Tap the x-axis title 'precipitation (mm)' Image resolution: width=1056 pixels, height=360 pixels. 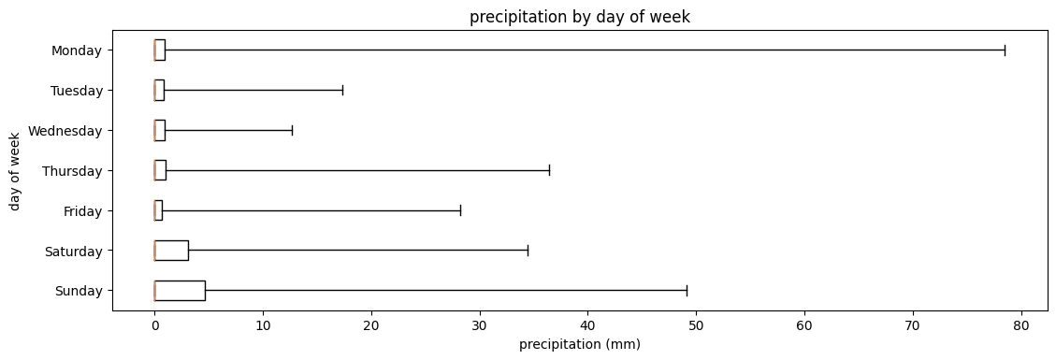580,344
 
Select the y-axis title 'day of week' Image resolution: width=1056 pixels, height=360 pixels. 16,170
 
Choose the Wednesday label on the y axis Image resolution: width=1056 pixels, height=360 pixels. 65,131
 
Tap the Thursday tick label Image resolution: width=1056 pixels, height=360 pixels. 72,171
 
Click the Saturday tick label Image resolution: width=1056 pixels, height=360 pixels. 74,252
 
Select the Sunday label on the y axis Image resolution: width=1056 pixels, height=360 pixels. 80,292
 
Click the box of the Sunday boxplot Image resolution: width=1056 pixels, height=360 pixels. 180,291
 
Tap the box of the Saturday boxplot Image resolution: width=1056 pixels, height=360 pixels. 171,251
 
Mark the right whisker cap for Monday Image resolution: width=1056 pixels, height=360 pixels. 1005,50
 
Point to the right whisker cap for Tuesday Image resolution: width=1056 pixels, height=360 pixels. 343,90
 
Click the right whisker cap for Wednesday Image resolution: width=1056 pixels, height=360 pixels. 293,130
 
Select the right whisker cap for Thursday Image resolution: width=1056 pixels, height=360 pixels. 549,170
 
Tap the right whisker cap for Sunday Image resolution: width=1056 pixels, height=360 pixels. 687,291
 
